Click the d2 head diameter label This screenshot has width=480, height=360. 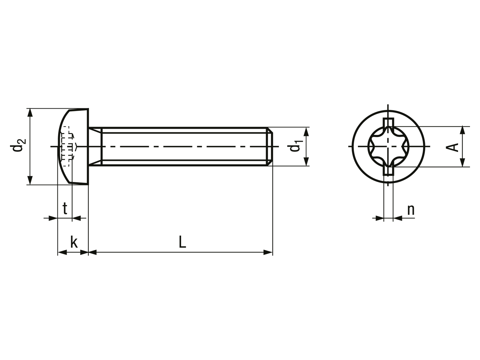[18, 145]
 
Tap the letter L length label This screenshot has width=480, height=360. [182, 242]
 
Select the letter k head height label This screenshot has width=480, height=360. [74, 242]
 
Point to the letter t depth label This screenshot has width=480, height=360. [65, 208]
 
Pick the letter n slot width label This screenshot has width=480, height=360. [411, 210]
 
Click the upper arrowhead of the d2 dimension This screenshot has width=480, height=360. [30, 113]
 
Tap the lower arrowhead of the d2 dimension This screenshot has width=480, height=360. [30, 180]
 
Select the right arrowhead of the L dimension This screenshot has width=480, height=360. [268, 252]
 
